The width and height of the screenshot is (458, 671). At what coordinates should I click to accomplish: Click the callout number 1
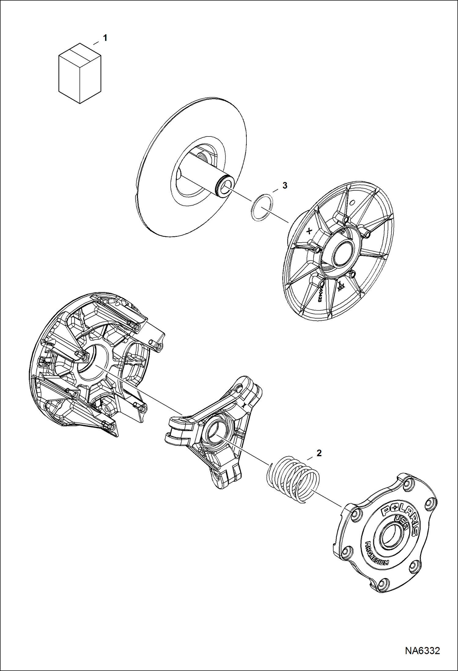(105, 38)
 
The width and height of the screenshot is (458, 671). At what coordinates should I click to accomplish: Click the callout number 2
(319, 453)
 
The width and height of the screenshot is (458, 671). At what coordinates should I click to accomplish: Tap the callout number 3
(285, 185)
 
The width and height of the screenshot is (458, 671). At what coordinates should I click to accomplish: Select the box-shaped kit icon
(80, 73)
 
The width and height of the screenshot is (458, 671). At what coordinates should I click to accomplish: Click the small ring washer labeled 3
(261, 207)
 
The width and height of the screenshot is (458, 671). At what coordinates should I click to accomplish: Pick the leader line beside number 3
(275, 190)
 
